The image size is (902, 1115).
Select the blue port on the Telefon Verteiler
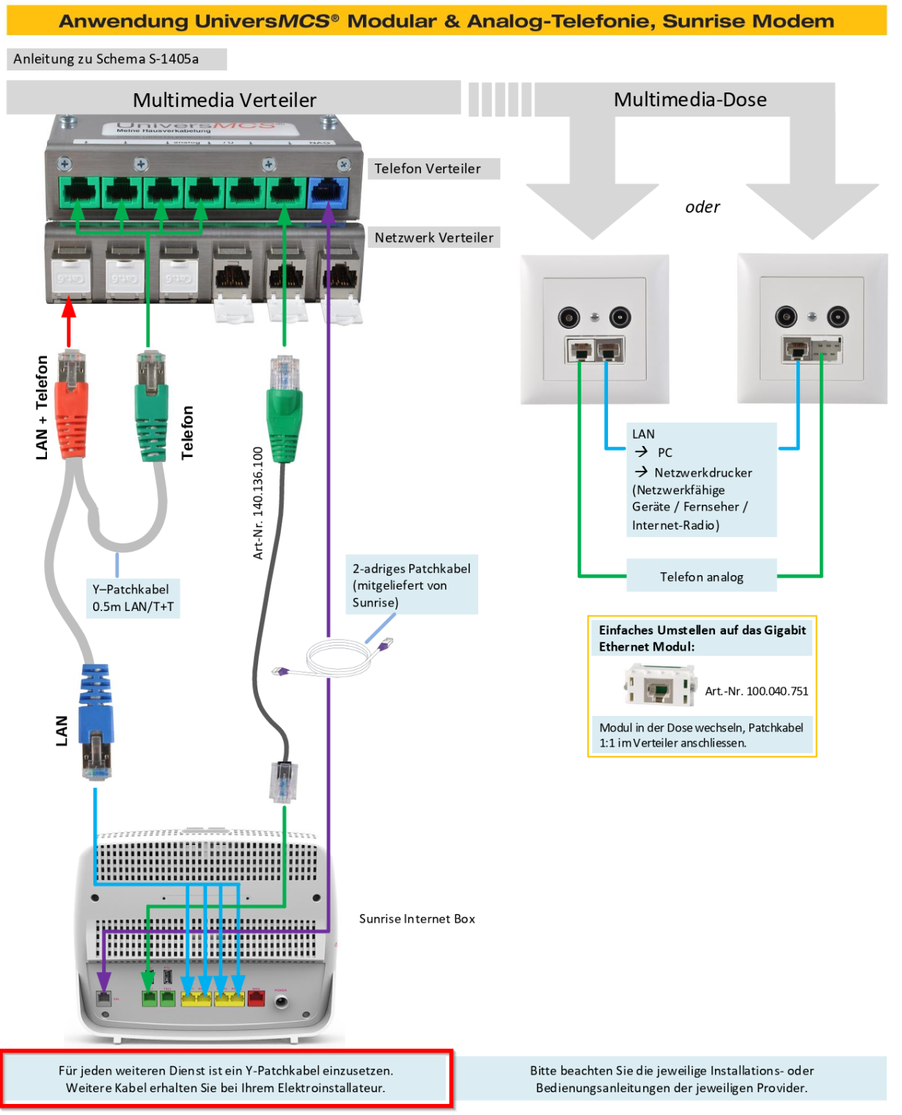(x=327, y=194)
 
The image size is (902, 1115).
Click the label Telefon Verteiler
(x=428, y=169)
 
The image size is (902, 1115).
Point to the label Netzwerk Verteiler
(x=433, y=238)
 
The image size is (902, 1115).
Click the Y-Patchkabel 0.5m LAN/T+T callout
(x=133, y=598)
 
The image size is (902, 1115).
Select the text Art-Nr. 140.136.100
(x=258, y=503)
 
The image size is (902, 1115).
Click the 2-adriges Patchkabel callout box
(x=411, y=585)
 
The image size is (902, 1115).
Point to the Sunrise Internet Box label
(x=417, y=918)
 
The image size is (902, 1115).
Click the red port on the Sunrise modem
(x=256, y=998)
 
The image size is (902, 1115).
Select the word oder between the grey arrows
(x=702, y=207)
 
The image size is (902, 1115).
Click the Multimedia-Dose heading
(x=690, y=100)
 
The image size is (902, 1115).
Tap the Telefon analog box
(x=701, y=577)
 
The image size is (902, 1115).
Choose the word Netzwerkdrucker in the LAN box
(x=703, y=472)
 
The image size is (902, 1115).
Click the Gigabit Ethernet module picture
(x=659, y=685)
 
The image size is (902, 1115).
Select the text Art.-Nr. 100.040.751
(x=756, y=691)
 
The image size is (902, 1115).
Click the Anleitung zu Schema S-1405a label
(x=106, y=59)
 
